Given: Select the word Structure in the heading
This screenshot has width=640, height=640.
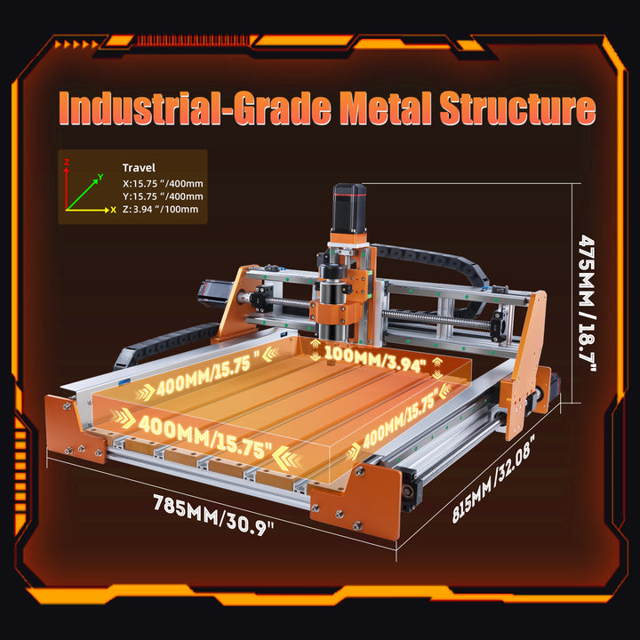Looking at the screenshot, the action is tap(517, 108).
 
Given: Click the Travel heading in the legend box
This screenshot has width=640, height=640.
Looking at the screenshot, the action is tap(139, 168).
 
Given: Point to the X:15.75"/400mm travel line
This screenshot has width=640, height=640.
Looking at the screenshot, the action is tap(163, 184).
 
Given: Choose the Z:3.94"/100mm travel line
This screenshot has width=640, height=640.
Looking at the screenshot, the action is tap(160, 210).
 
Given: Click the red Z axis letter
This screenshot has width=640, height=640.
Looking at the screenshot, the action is tap(67, 162).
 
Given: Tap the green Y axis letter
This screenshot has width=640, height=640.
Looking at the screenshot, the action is tap(100, 177).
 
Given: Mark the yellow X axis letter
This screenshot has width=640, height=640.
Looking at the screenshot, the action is tap(114, 210).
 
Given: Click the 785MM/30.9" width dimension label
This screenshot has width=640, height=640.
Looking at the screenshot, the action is tap(213, 515).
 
